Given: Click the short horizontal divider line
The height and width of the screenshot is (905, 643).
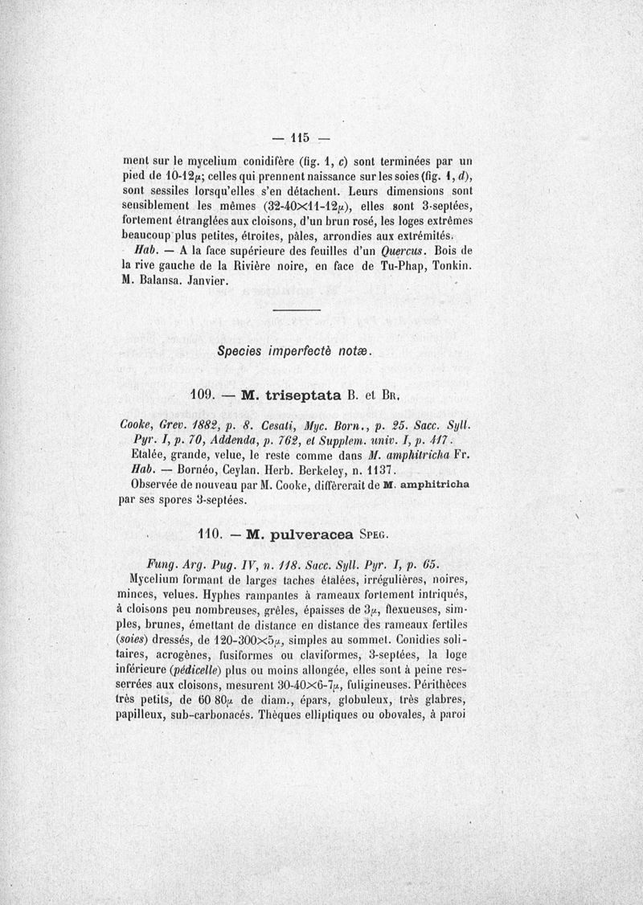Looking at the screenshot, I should [x=297, y=310].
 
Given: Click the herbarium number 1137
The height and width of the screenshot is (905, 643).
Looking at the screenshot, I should [x=375, y=468].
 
